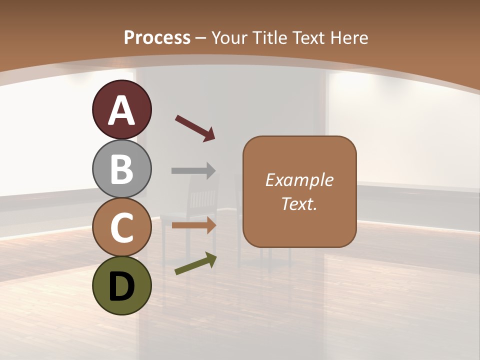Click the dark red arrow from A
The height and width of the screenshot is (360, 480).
coord(195,128)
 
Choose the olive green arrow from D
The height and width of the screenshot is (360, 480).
coord(195,264)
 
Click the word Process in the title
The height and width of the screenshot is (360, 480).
coord(157,37)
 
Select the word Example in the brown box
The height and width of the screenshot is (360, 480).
coord(299,180)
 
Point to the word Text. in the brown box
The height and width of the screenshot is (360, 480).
coord(299,203)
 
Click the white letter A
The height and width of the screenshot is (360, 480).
coord(121,110)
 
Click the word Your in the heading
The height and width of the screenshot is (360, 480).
coord(230,37)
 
